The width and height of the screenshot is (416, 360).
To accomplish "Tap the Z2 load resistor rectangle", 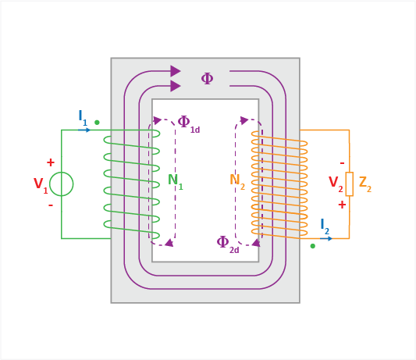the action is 350,184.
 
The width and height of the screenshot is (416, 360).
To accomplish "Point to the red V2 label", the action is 336,184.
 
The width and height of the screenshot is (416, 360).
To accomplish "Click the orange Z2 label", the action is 365,184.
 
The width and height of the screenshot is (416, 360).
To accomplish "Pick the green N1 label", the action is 176,182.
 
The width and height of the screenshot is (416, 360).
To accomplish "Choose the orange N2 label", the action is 237,182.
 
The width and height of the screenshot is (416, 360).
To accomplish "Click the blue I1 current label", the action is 83,118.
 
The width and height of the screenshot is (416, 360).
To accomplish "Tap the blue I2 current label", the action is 325,226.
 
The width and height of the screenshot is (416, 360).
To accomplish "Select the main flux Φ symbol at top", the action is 207,79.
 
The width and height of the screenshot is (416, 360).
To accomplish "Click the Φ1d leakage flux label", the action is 188,124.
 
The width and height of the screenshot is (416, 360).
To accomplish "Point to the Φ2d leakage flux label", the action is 228,244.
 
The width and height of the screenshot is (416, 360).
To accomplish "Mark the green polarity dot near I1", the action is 97,123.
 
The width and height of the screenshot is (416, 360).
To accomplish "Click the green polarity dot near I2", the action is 313,246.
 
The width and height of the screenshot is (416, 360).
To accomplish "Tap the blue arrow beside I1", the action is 84,130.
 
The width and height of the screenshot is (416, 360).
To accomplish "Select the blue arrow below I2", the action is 326,239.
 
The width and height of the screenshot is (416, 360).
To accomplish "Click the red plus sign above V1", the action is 51,162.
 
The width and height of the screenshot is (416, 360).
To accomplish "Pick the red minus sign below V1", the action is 51,205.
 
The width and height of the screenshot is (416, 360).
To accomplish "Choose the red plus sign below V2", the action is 342,205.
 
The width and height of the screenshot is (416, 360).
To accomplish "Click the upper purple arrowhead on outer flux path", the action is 176,71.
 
